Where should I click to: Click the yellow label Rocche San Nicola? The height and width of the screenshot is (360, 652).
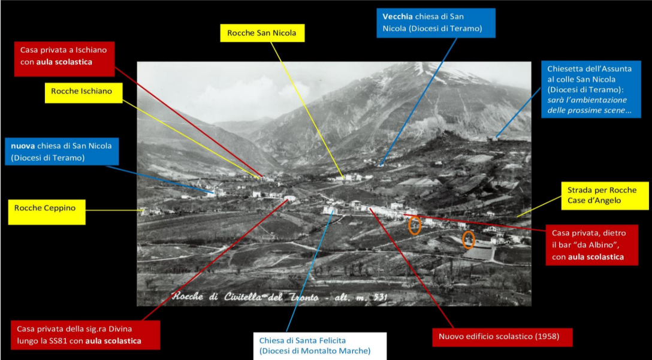pos(262,33)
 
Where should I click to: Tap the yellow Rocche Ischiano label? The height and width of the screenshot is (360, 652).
pos(83,93)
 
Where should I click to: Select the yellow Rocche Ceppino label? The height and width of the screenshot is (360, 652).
pos(47,212)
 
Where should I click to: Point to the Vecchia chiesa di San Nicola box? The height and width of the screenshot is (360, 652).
pos(436,23)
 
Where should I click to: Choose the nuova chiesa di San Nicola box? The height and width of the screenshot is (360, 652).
pos(62,152)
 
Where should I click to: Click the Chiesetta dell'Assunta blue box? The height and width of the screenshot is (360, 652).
pos(591,89)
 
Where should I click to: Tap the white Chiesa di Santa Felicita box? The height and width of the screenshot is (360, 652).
pos(320,346)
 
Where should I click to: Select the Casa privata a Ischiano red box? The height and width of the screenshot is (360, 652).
pos(64,59)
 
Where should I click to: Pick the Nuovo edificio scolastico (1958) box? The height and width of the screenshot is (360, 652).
pos(502,337)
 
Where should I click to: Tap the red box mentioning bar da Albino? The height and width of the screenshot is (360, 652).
pos(591,245)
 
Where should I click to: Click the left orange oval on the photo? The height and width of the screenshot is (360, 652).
pos(415,225)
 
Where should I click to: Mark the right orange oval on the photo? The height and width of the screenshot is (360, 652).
pos(469,240)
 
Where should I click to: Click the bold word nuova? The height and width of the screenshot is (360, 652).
pos(23,146)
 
